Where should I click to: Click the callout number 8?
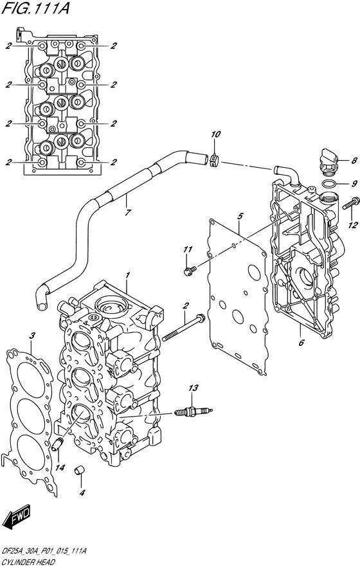(x=354, y=160)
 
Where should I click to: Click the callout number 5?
(x=239, y=216)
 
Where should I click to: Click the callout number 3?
(x=32, y=336)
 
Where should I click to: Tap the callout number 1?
(x=127, y=275)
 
